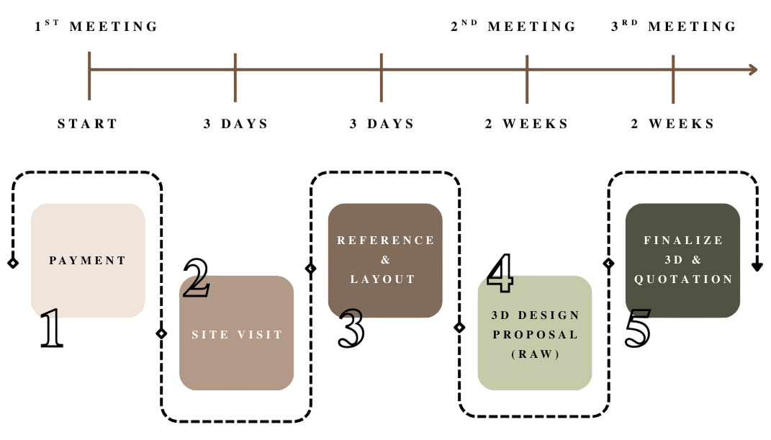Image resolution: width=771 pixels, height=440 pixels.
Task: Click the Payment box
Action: [88, 260]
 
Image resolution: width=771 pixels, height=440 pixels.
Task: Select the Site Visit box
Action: [236, 333]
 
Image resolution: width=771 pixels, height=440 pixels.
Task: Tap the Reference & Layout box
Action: [385, 259]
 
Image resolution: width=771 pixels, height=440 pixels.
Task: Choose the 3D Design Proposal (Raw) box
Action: [535, 333]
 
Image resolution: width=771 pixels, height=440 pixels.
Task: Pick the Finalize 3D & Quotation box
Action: [682, 259]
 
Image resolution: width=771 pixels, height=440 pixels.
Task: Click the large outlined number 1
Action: [51, 328]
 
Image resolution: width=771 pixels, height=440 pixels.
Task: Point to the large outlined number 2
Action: [197, 277]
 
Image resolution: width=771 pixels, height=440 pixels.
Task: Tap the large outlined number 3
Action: [351, 328]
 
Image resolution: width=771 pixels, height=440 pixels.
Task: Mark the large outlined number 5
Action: [638, 328]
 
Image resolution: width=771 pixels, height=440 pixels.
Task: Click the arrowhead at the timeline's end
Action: [753, 69]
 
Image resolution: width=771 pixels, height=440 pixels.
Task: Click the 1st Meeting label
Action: [96, 27]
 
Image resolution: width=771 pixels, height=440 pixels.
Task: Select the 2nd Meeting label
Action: [513, 27]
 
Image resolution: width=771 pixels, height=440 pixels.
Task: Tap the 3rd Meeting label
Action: [674, 27]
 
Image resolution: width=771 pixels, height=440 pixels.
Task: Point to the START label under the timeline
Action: [87, 124]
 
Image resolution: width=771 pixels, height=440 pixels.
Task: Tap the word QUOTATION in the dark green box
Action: [683, 279]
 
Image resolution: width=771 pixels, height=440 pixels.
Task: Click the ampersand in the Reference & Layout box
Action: [385, 260]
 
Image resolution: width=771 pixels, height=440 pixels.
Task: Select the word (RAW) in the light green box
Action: [535, 354]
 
